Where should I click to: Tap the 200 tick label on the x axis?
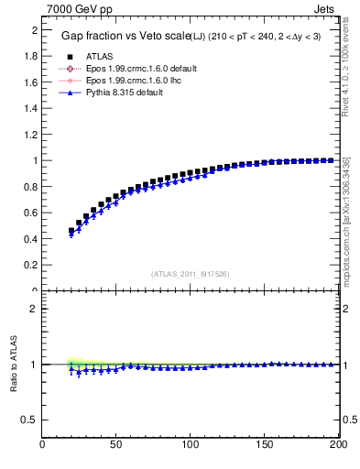click(336, 446)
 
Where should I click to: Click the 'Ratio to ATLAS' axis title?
click(14, 365)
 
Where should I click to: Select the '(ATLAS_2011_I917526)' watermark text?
click(190, 273)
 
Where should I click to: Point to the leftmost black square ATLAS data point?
click(71, 231)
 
